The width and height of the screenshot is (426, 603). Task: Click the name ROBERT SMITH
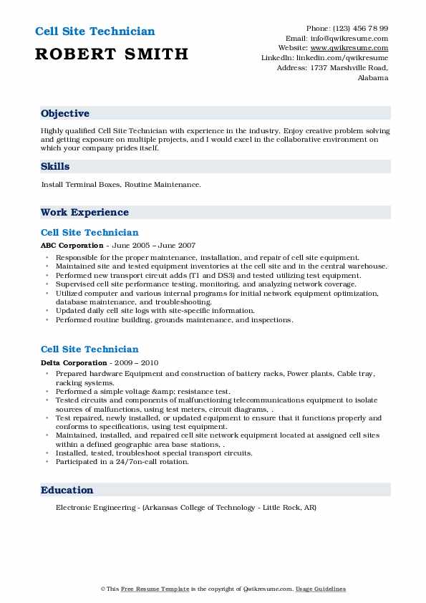tap(111, 54)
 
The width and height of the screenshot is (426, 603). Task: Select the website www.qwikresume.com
tap(355, 48)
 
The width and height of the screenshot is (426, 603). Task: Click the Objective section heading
tap(65, 114)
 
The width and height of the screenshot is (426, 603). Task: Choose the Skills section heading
tap(55, 167)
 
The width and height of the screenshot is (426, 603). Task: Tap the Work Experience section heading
tap(84, 213)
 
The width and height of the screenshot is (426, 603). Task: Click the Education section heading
tap(67, 491)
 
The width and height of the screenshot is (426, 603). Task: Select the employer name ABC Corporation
tap(72, 245)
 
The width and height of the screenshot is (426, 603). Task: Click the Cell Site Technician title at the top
tap(94, 32)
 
